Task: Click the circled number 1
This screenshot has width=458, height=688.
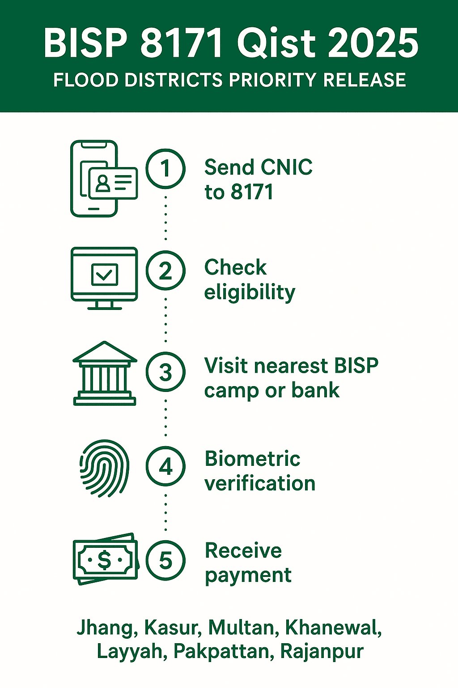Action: point(165,169)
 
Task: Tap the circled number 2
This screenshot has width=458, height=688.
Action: point(165,271)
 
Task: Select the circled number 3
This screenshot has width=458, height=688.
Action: point(165,372)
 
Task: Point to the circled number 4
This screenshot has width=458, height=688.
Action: point(165,466)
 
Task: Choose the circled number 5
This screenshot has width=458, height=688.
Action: point(165,560)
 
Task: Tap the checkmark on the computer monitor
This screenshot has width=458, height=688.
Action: point(104,275)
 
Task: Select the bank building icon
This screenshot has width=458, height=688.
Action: point(105,374)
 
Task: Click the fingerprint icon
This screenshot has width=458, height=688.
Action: point(104,468)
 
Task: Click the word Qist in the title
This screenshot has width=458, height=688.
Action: point(275,43)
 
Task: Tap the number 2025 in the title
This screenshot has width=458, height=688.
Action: point(373,43)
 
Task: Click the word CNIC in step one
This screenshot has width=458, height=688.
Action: point(286,168)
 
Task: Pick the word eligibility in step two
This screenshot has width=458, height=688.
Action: point(250,293)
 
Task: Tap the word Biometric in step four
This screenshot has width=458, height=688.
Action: point(252,459)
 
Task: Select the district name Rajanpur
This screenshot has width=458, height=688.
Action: point(322,652)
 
